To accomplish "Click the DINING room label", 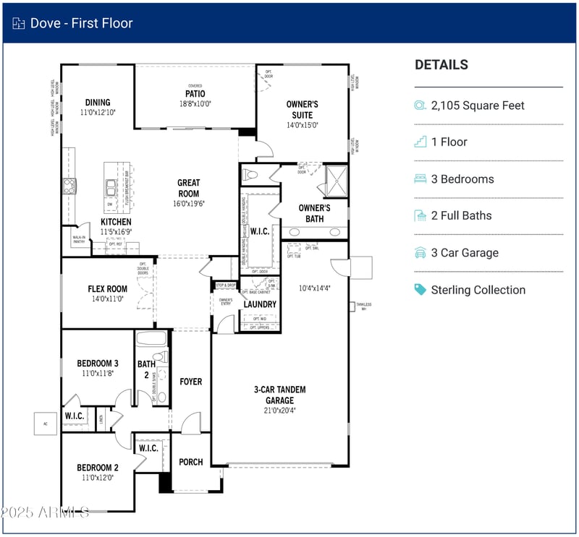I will [x=98, y=103].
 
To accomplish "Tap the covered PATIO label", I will [x=195, y=94].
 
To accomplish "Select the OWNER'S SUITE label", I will [x=302, y=109].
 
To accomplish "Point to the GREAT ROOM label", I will [x=188, y=188].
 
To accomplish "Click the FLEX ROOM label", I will [x=108, y=289].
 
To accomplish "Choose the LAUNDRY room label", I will [x=260, y=304].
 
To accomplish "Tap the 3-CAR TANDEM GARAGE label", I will [x=279, y=395].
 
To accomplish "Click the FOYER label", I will [x=191, y=382].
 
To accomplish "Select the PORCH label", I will [x=191, y=462].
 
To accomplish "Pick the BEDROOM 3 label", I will [x=98, y=364].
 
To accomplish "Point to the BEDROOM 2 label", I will [x=98, y=468].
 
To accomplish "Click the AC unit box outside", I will [x=45, y=424].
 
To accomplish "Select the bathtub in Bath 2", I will [x=151, y=338].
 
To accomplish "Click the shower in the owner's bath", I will [x=336, y=181].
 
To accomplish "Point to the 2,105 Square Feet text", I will [x=478, y=106].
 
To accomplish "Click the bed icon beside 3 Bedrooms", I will [x=420, y=179].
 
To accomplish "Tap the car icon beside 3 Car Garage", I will [x=420, y=253].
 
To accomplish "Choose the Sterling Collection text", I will [x=478, y=290].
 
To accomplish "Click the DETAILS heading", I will [x=441, y=65].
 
